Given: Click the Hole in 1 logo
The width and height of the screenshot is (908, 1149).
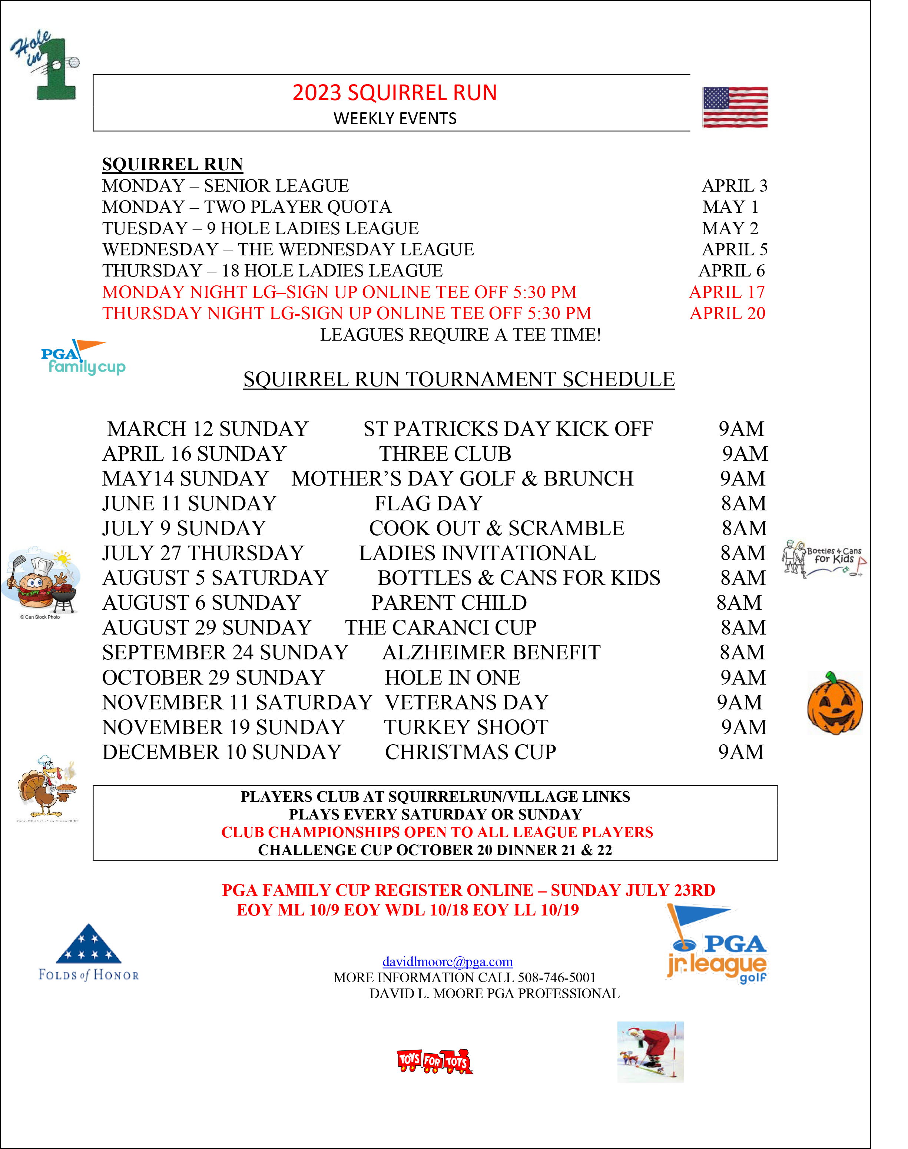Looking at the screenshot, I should point(44,64).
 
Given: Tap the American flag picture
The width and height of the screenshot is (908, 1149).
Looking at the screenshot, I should point(735,107).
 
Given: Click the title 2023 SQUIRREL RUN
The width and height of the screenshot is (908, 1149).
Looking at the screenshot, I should point(394,93).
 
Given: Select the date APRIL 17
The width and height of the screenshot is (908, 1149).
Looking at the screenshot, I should point(727,292).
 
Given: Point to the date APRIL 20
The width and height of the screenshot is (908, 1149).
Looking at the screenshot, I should point(727,314).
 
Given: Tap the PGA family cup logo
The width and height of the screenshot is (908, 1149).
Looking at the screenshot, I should point(83,358).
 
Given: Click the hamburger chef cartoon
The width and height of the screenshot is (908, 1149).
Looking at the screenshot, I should point(41,583).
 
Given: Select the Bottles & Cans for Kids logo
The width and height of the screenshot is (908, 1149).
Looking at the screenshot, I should point(825,558).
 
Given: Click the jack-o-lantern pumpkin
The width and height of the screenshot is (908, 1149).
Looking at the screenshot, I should point(835,703).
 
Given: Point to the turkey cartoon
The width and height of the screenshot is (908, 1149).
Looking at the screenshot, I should point(47,788).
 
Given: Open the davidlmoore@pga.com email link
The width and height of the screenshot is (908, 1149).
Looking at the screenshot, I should point(448,962).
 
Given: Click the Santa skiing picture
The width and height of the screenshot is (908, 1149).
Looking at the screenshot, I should point(650,1052).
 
